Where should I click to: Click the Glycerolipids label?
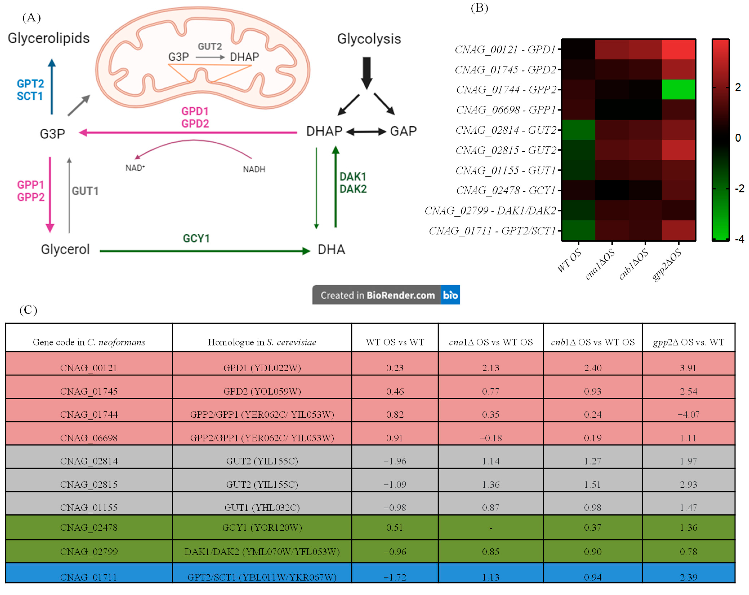pyautogui.click(x=49, y=38)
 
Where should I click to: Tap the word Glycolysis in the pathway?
pyautogui.click(x=369, y=39)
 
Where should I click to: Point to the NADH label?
pyautogui.click(x=254, y=169)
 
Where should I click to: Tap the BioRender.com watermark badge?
pyautogui.click(x=386, y=295)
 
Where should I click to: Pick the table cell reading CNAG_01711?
pyautogui.click(x=89, y=577)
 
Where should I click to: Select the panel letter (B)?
pyautogui.click(x=479, y=8)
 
